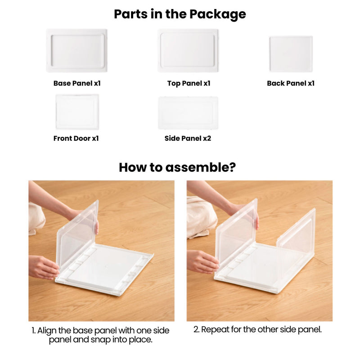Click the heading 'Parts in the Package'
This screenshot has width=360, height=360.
pyautogui.click(x=180, y=14)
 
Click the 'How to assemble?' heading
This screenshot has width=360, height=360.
pyautogui.click(x=177, y=167)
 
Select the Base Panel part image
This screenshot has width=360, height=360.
pyautogui.click(x=77, y=50)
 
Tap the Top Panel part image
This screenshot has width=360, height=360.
pyautogui.click(x=188, y=50)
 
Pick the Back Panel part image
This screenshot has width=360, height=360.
pyautogui.click(x=291, y=54)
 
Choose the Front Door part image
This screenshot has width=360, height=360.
pyautogui.click(x=77, y=112)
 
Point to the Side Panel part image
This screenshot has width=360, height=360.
pyautogui.click(x=188, y=113)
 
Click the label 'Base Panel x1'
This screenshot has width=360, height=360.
pyautogui.click(x=77, y=83)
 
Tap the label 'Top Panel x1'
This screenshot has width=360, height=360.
pyautogui.click(x=189, y=83)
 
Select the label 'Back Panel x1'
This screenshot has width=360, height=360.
pyautogui.click(x=291, y=83)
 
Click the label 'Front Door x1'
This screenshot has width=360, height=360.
pyautogui.click(x=76, y=138)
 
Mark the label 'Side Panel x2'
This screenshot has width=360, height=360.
pyautogui.click(x=188, y=138)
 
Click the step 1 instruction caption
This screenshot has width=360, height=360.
pyautogui.click(x=101, y=335)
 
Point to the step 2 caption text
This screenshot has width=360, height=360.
pyautogui.click(x=258, y=329)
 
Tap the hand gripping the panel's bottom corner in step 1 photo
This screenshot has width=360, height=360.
pyautogui.click(x=43, y=267)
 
